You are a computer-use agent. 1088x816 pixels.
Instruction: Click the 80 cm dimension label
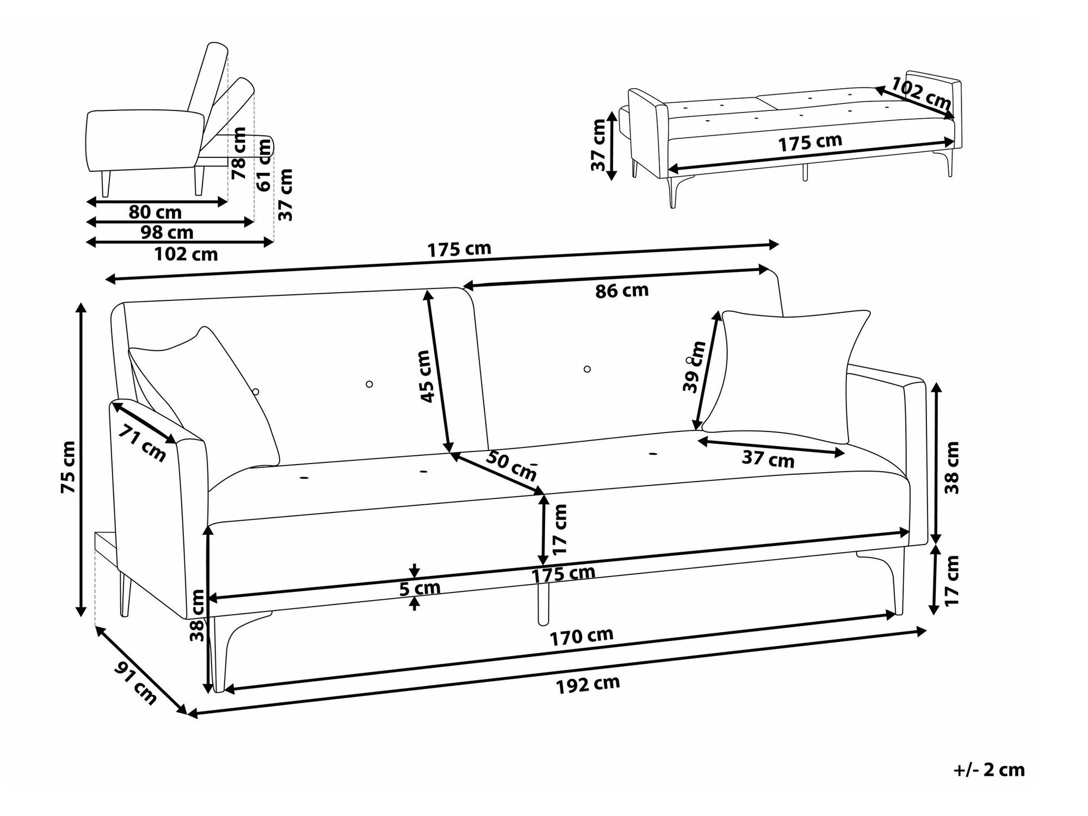pyautogui.click(x=155, y=212)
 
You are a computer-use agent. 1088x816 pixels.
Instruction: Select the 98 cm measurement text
pyautogui.click(x=166, y=233)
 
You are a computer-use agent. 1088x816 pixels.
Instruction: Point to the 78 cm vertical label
pyautogui.click(x=238, y=153)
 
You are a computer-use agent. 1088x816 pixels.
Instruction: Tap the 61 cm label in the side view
pyautogui.click(x=263, y=165)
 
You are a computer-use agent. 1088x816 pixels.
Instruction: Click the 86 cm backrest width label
pyautogui.click(x=622, y=290)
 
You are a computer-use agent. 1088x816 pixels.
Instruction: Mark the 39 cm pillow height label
pyautogui.click(x=694, y=367)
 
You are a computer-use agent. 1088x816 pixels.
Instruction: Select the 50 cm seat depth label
pyautogui.click(x=511, y=465)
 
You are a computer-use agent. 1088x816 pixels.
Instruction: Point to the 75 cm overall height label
pyautogui.click(x=69, y=467)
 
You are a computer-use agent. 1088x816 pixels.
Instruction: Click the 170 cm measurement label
pyautogui.click(x=581, y=636)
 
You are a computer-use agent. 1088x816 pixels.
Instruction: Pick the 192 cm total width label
pyautogui.click(x=588, y=684)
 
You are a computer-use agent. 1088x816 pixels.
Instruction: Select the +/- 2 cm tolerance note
pyautogui.click(x=989, y=770)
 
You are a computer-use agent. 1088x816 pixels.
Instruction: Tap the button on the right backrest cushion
pyautogui.click(x=587, y=369)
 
